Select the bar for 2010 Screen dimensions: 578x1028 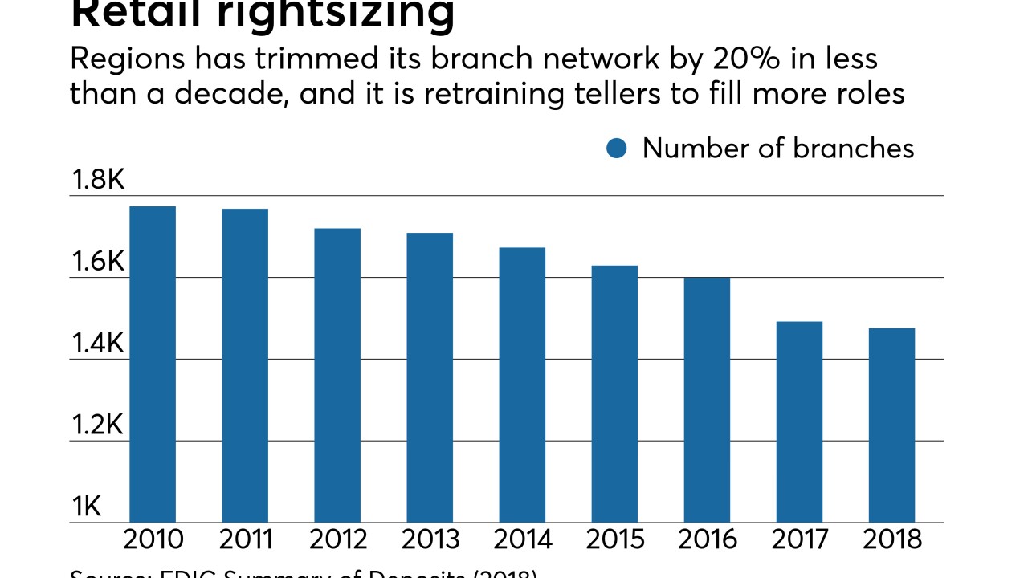click(x=153, y=364)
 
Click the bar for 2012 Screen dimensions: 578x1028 click(x=337, y=375)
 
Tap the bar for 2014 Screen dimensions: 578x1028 click(x=522, y=385)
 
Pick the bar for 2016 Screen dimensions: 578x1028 click(x=707, y=400)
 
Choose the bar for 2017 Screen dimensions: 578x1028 click(x=799, y=421)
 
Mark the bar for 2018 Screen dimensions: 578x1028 click(x=891, y=425)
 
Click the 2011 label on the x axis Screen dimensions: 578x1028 click(x=245, y=539)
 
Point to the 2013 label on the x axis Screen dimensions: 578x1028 click(x=430, y=539)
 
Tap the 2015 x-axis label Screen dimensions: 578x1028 click(x=614, y=539)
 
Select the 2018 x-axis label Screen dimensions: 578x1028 click(x=891, y=539)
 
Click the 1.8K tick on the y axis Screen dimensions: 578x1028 click(x=98, y=181)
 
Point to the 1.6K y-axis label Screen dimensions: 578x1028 click(x=98, y=263)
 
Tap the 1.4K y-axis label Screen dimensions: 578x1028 click(x=98, y=344)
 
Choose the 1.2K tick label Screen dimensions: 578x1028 click(x=98, y=426)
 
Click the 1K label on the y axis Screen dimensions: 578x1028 click(x=87, y=507)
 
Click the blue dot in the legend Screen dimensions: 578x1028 click(x=617, y=149)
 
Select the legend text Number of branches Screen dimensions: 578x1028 click(x=777, y=149)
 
